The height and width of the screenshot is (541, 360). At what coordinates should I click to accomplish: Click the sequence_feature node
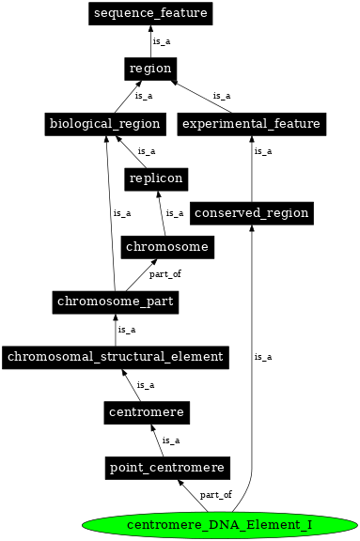click(x=150, y=13)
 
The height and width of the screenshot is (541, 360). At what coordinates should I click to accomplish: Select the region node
click(x=150, y=68)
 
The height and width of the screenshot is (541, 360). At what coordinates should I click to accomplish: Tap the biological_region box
click(x=104, y=123)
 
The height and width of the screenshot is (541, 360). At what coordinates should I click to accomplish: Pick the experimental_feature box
click(x=251, y=123)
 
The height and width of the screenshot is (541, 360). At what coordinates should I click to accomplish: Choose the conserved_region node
click(x=251, y=212)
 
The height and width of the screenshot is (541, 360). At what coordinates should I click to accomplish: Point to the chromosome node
click(x=166, y=246)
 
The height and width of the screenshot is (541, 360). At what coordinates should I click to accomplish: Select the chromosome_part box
click(x=116, y=301)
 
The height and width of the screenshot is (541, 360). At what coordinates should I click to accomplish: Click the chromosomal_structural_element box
click(x=116, y=356)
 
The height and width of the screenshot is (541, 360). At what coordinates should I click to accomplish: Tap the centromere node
click(x=145, y=411)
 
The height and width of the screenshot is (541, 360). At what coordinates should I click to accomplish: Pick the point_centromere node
click(x=166, y=467)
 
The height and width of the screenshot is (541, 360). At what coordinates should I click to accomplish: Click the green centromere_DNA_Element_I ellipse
click(x=219, y=523)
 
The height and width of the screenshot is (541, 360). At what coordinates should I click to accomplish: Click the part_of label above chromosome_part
click(x=164, y=274)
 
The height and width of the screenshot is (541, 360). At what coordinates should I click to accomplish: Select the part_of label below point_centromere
click(x=215, y=494)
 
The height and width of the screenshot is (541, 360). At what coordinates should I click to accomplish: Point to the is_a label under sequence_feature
click(x=162, y=41)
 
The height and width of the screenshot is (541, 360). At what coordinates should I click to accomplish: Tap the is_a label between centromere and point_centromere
click(x=170, y=440)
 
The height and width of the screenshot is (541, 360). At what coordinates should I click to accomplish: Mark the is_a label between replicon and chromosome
click(x=174, y=213)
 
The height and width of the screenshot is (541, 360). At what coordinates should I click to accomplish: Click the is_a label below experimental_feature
click(x=262, y=150)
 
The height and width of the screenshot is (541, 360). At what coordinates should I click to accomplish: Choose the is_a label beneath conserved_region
click(x=263, y=356)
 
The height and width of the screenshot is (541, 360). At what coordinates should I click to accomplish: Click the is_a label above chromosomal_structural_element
click(x=126, y=330)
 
